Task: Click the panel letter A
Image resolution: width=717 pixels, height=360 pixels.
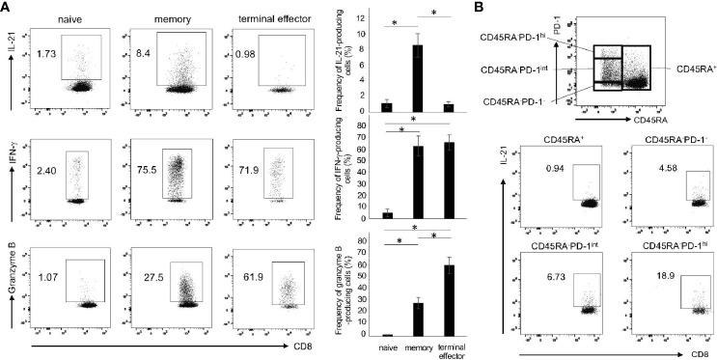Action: [7, 8]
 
